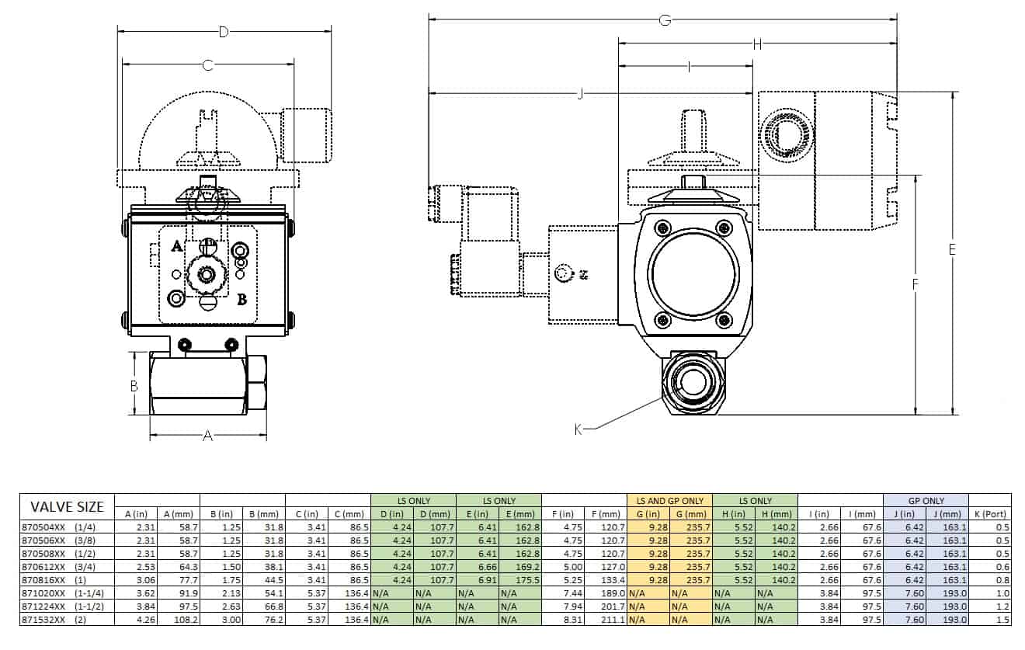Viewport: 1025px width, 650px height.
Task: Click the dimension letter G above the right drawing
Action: point(665,20)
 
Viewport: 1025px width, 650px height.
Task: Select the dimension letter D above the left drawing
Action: point(224,32)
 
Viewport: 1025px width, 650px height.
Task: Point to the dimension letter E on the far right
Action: point(952,249)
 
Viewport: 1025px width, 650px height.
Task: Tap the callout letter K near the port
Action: point(578,429)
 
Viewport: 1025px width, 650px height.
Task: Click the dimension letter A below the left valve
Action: point(208,436)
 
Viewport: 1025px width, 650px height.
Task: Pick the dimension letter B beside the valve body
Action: point(134,386)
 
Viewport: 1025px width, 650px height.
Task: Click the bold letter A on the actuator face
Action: point(177,247)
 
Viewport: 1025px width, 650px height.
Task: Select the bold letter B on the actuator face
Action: point(242,300)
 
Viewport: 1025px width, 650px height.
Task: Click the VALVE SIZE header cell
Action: point(68,507)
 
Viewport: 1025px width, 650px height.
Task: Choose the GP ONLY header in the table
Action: point(926,501)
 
